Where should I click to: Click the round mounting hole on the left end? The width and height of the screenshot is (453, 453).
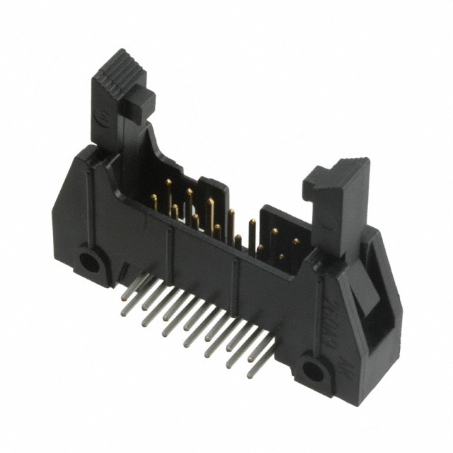click(90, 262)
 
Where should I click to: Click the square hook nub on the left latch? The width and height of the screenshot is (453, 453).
click(140, 104)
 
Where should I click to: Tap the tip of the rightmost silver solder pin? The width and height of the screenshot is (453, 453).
click(251, 375)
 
